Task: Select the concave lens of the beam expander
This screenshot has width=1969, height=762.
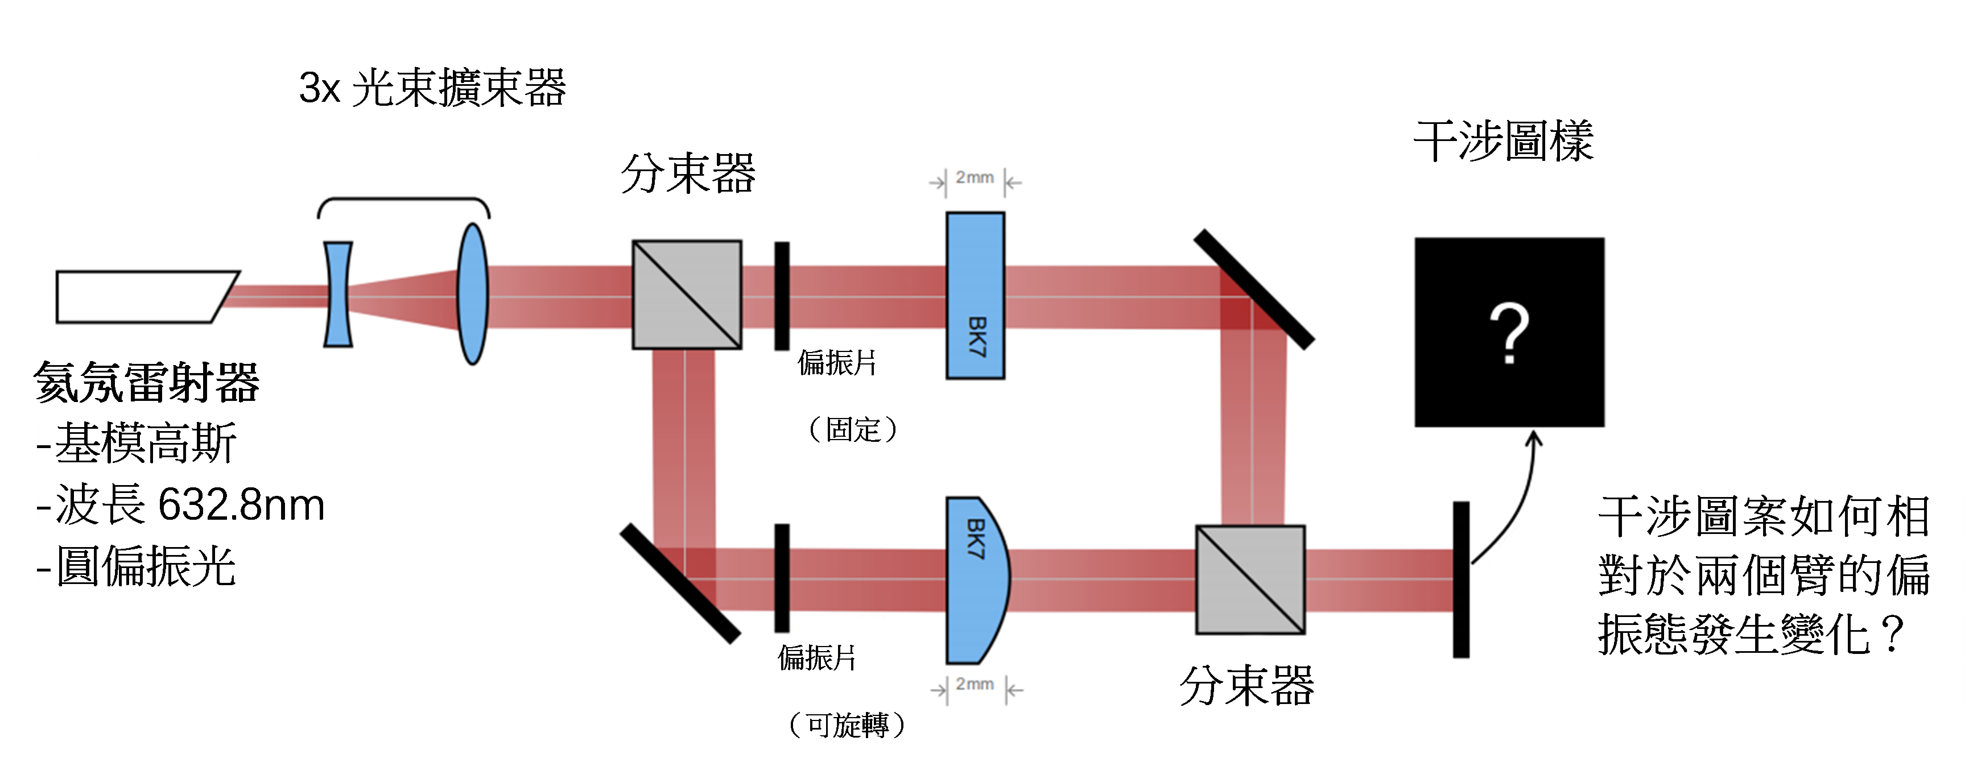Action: [338, 294]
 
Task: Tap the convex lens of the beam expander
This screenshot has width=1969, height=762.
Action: [473, 294]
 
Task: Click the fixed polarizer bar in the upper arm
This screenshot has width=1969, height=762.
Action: [781, 296]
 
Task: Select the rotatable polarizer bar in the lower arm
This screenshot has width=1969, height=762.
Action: [781, 578]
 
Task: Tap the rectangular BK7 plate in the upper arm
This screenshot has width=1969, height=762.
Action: [975, 296]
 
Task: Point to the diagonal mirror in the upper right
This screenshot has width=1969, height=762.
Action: [1253, 289]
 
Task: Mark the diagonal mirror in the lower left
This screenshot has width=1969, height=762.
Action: [679, 583]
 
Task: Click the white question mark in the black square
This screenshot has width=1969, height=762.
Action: [1509, 333]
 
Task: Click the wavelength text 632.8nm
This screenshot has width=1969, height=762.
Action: [241, 506]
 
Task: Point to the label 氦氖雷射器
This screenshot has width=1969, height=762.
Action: [149, 382]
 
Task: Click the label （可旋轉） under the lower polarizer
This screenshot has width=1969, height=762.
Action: [848, 724]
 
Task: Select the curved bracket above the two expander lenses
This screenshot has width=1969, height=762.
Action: [403, 205]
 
